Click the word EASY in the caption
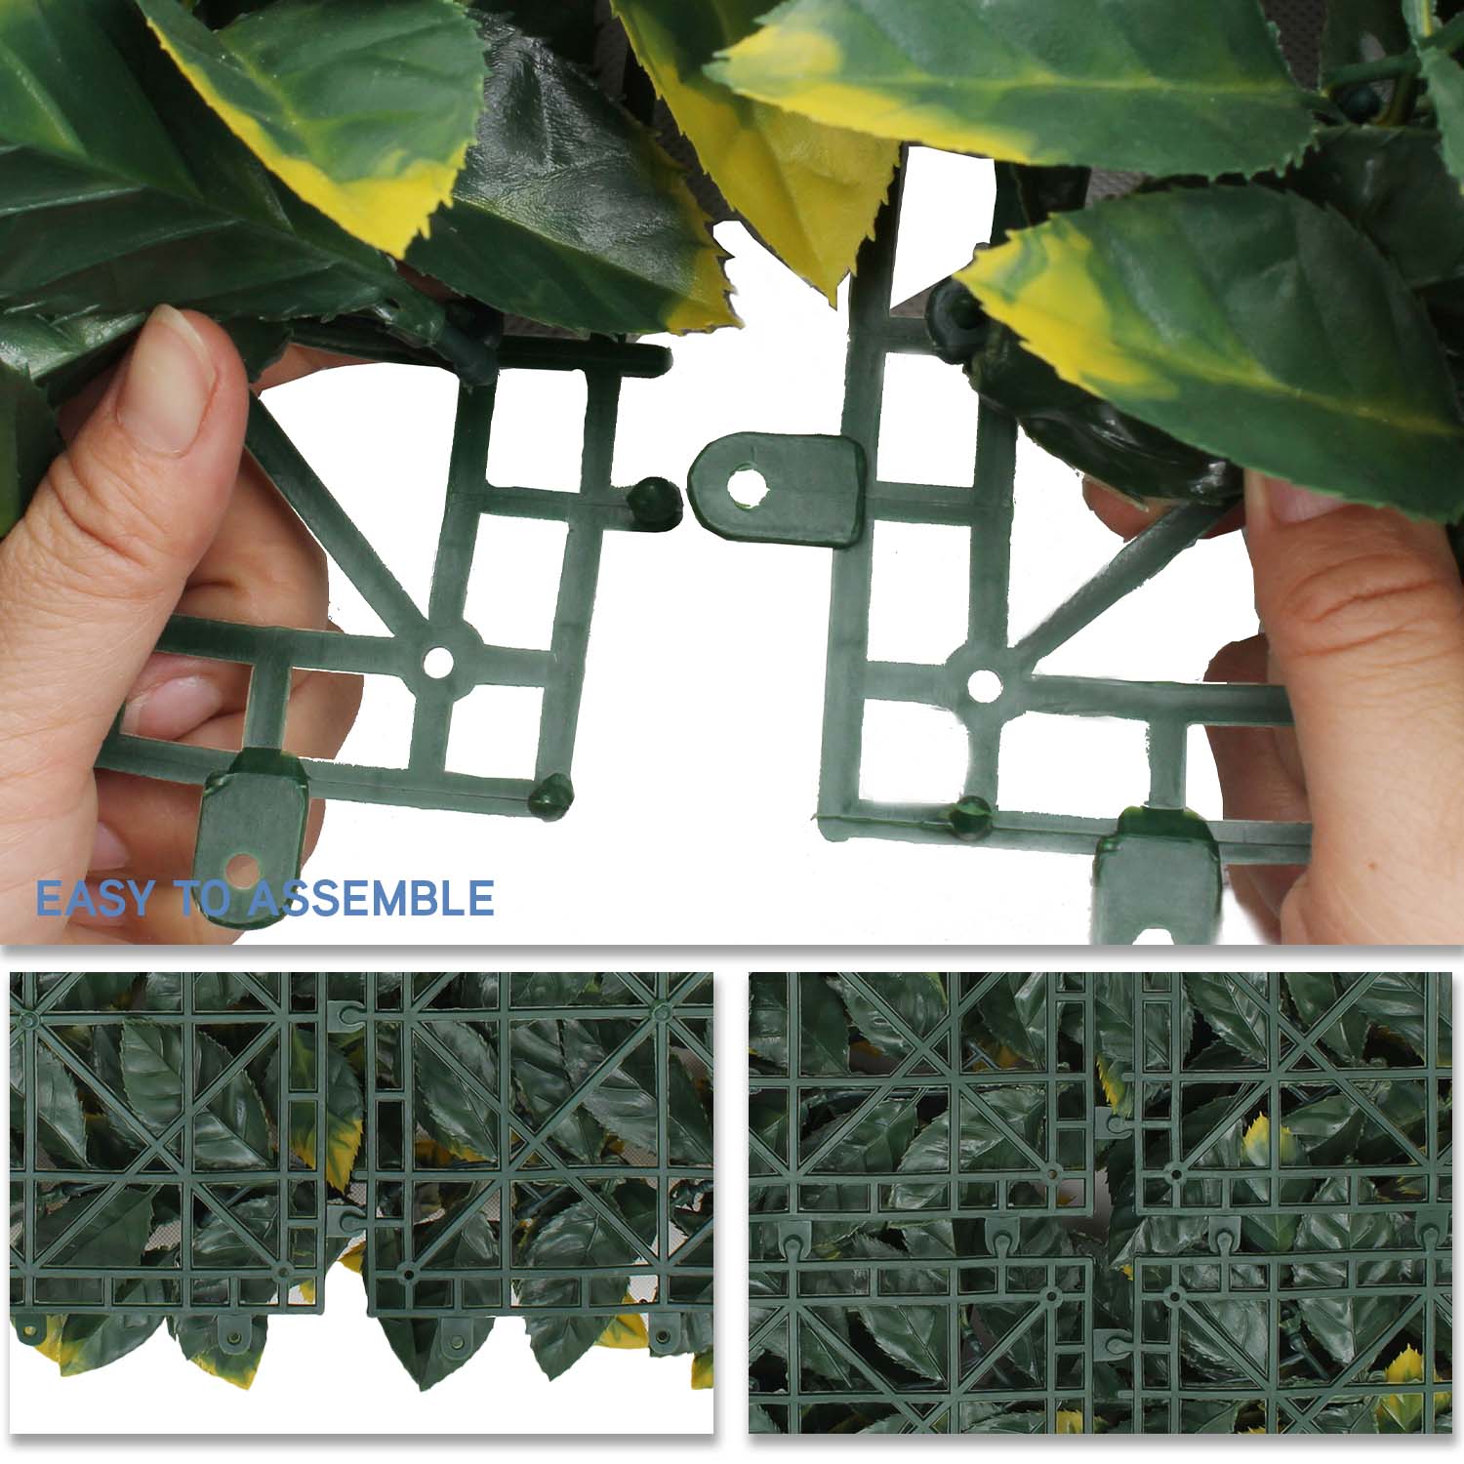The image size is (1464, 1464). click(x=95, y=898)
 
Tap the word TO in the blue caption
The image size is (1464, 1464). click(x=203, y=898)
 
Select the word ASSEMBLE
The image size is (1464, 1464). click(x=371, y=898)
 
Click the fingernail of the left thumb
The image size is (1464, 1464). click(x=176, y=381)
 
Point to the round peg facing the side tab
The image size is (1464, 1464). click(x=654, y=502)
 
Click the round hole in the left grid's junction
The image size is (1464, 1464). click(x=438, y=663)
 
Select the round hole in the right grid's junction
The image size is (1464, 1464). click(x=984, y=685)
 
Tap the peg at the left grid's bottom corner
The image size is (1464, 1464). click(x=550, y=795)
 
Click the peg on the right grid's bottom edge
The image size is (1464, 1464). click(x=972, y=818)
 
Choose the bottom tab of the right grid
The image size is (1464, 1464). click(x=1158, y=874)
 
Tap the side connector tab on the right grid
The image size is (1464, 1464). click(x=778, y=487)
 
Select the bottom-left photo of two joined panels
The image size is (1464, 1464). click(x=361, y=1202)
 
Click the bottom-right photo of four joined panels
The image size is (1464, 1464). click(x=1100, y=1202)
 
